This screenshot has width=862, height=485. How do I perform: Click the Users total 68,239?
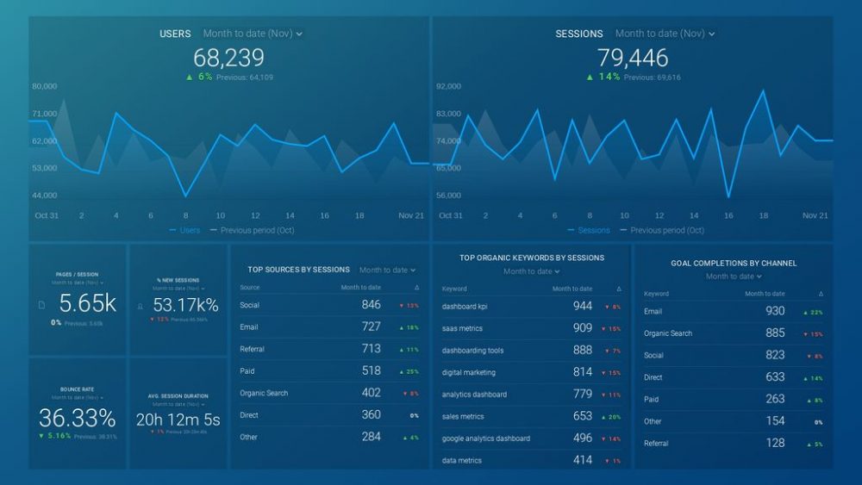click(228, 58)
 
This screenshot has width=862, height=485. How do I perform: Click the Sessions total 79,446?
click(633, 58)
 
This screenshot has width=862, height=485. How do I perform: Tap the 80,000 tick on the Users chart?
click(45, 86)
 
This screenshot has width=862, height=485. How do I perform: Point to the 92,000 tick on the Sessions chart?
click(448, 86)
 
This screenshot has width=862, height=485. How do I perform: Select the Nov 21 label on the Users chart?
click(410, 215)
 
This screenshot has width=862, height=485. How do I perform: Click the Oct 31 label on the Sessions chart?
click(451, 215)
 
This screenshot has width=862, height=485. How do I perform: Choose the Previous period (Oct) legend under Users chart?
click(257, 231)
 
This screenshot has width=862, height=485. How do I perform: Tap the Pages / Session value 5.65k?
click(87, 304)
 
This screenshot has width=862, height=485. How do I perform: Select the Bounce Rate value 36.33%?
click(77, 419)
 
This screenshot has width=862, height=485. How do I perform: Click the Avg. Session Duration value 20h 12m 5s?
click(178, 420)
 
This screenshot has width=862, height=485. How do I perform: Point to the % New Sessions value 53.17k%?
click(185, 305)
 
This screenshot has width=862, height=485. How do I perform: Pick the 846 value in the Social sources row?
click(371, 305)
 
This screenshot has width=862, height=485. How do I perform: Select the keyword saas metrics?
click(462, 328)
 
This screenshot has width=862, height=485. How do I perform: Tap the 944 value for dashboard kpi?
click(583, 306)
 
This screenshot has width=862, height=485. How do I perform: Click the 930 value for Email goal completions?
click(774, 311)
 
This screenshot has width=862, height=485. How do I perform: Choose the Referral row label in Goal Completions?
click(658, 444)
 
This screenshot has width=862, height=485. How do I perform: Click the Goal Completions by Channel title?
click(734, 263)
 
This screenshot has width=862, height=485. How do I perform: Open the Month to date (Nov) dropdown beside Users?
click(253, 34)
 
